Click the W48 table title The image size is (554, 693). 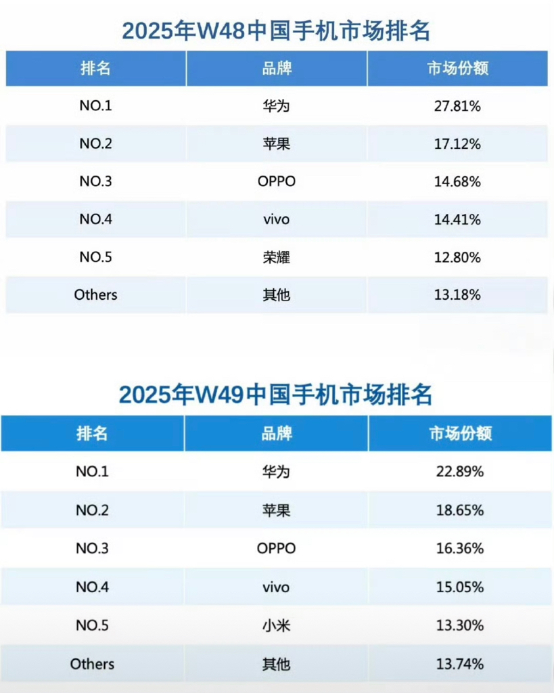(276, 31)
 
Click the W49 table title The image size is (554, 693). (276, 394)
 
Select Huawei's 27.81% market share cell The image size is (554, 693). (458, 106)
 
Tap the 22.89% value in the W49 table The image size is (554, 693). (460, 472)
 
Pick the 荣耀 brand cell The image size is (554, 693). (277, 257)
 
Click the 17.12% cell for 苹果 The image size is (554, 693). (458, 143)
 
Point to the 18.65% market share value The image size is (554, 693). (460, 510)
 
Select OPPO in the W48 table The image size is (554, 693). (277, 181)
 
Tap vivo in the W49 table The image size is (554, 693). (276, 587)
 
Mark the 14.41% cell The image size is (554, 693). (458, 219)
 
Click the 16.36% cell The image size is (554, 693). (460, 548)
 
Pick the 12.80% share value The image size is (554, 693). (458, 257)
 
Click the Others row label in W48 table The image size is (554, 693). (95, 294)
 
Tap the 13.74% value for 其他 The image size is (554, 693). (460, 664)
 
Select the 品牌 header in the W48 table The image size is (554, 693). (277, 68)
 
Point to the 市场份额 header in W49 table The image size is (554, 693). (460, 434)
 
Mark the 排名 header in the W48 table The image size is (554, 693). (95, 68)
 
